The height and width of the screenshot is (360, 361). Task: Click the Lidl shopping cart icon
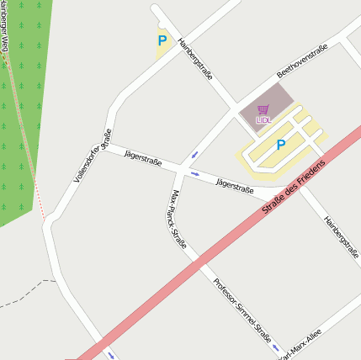[263, 109]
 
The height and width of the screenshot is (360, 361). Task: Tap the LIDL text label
[263, 120]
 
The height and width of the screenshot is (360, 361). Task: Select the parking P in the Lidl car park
[280, 145]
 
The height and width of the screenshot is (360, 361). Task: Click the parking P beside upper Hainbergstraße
[162, 40]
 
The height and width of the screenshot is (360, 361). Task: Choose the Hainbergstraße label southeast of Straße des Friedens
[341, 233]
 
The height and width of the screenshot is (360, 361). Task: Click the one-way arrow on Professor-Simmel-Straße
[275, 347]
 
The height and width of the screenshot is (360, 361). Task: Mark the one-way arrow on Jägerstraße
[194, 174]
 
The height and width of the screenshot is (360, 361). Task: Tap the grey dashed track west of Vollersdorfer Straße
[25, 290]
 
